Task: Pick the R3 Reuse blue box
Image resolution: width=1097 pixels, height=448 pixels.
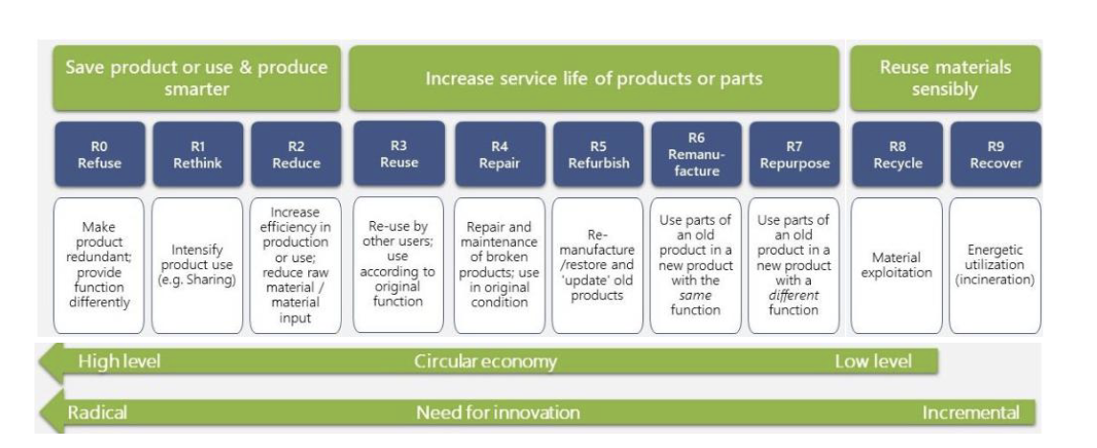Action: pyautogui.click(x=399, y=153)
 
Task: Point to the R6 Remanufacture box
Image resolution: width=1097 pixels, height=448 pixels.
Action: pyautogui.click(x=697, y=153)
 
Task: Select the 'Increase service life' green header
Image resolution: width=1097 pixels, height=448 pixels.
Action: pyautogui.click(x=594, y=78)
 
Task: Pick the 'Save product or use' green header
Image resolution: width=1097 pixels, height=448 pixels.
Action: pyautogui.click(x=195, y=78)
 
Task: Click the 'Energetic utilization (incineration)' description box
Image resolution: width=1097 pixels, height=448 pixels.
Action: pyautogui.click(x=995, y=265)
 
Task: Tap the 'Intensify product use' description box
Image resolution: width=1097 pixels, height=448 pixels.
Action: pyautogui.click(x=198, y=265)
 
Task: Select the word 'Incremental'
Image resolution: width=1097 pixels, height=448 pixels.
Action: pyautogui.click(x=969, y=413)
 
